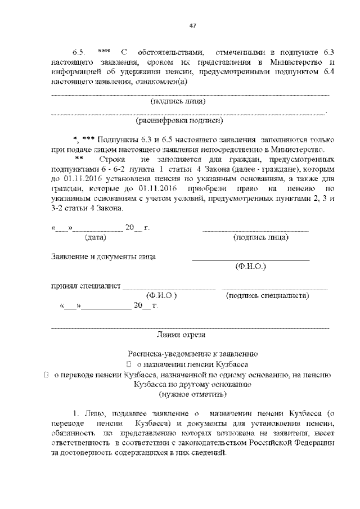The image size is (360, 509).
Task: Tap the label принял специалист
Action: pos(86,286)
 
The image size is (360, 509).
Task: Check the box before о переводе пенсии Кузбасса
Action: pos(47,375)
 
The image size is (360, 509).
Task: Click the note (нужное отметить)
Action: pos(189,395)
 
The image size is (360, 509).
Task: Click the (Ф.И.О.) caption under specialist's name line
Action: pos(161,295)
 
